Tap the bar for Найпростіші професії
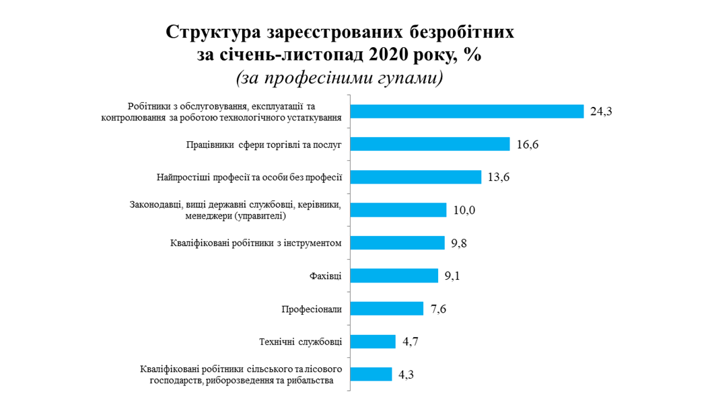[415, 177]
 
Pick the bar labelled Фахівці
[394, 276]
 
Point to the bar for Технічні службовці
[372, 342]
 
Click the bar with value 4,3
[370, 375]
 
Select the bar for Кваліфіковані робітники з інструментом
[397, 243]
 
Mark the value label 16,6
[528, 145]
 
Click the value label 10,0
[464, 211]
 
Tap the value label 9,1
[456, 276]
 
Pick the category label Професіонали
[312, 309]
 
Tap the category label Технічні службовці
[300, 342]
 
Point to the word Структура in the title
[215, 32]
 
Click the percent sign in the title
[472, 54]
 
